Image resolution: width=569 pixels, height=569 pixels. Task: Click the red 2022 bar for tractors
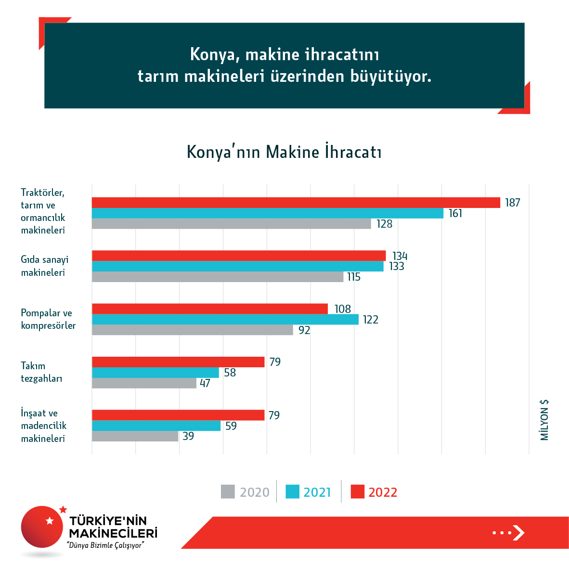[296, 203]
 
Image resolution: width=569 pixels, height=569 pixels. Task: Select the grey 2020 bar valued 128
[231, 224]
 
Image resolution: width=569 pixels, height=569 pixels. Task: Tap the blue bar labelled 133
[238, 266]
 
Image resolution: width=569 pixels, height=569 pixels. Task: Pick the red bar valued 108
[210, 309]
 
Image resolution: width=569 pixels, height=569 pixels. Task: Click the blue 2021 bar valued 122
[225, 320]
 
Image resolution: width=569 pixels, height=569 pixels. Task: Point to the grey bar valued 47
[144, 383]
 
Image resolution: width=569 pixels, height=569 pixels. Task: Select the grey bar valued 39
[135, 436]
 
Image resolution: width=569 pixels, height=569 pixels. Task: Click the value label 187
[512, 203]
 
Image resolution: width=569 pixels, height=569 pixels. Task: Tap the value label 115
[354, 277]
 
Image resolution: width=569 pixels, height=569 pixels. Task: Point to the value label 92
[304, 330]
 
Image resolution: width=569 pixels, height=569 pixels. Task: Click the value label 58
[230, 373]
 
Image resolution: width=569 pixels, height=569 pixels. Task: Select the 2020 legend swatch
[228, 491]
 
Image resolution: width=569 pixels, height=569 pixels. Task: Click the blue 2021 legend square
[292, 491]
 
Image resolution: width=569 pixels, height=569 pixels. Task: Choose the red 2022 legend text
[383, 492]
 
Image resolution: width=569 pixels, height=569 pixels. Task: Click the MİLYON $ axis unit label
[544, 420]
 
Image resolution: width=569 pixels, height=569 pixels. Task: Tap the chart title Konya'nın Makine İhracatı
[284, 152]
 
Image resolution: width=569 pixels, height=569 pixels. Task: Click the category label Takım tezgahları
[41, 372]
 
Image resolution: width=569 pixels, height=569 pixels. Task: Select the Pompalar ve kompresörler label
[48, 319]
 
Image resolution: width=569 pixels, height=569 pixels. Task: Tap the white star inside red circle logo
[50, 521]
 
